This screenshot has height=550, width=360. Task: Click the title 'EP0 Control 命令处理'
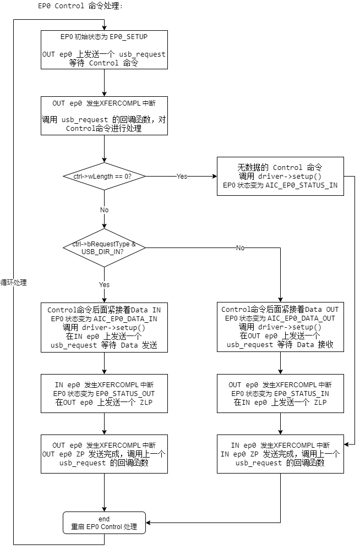coord(80,7)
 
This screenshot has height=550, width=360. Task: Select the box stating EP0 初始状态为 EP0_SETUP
coord(104,50)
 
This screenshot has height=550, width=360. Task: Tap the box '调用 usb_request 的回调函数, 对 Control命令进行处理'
coord(104,116)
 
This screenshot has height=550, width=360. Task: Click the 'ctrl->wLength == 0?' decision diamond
coord(104,177)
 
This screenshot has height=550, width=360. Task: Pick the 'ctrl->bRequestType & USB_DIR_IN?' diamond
coord(104,248)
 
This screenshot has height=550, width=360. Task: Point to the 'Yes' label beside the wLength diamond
coord(182,177)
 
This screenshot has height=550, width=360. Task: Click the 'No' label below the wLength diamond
coord(104,210)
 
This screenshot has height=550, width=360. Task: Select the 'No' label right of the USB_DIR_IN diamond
coord(241,248)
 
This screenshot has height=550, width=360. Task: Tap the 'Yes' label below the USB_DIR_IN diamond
coord(104,284)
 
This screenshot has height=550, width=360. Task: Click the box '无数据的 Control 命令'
coord(280,176)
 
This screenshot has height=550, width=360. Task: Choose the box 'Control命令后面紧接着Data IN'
coord(104,328)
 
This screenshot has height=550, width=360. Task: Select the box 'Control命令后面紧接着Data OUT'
coord(280,328)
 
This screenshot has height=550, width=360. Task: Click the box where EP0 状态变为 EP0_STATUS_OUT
coord(104,394)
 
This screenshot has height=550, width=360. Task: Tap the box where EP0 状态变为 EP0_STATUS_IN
coord(280,394)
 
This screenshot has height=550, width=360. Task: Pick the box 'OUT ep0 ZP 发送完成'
coord(104,454)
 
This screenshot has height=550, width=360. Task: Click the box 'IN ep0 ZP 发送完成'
coord(280,454)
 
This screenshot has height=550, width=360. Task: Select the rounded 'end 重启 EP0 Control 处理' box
coord(104,523)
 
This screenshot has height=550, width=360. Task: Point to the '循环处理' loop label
coord(14,283)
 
